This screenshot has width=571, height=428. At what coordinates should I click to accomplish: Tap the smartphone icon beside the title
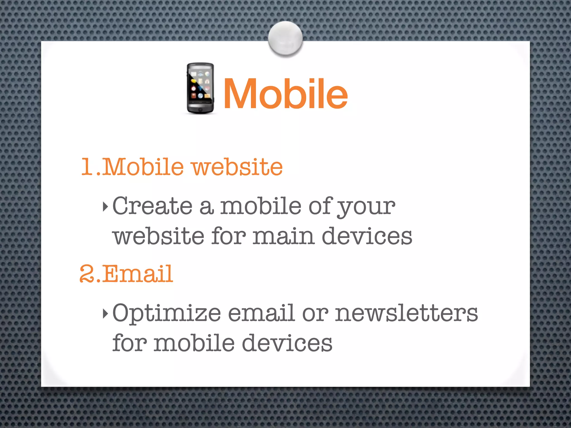(200, 88)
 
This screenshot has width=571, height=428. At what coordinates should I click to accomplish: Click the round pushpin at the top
(285, 38)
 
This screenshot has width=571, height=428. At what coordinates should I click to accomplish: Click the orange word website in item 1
(237, 167)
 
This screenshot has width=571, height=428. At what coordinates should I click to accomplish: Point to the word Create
(152, 206)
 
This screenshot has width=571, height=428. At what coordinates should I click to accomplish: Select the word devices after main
(367, 236)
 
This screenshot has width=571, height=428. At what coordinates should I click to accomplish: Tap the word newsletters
(406, 313)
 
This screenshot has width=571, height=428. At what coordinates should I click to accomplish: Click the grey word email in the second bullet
(261, 313)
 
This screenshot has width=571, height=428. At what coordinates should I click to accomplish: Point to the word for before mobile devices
(129, 343)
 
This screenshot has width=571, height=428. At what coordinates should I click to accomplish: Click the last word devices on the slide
(287, 343)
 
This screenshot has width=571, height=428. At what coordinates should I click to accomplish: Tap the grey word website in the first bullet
(158, 236)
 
